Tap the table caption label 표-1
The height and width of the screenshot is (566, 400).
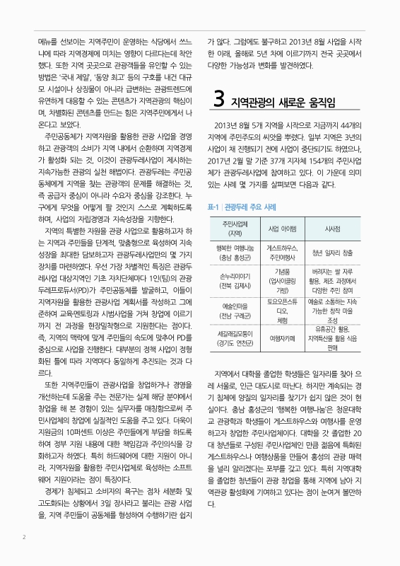(213, 168)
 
